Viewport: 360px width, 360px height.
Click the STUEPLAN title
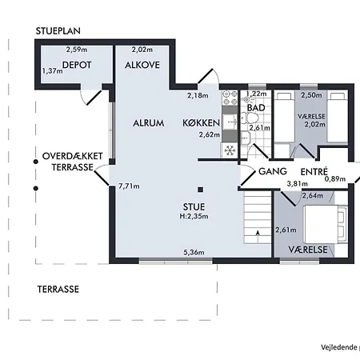pos(58,31)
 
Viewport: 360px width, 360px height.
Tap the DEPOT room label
pos(77,65)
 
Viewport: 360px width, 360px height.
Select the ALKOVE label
pos(142,65)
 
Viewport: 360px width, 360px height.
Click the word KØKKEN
pos(201,123)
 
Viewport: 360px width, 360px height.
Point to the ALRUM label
pos(149,123)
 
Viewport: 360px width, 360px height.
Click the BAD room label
pos(256,108)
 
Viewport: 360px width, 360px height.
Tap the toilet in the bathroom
pos(250,118)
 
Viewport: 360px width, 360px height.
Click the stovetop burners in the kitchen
pos(230,98)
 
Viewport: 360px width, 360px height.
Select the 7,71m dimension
pos(129,186)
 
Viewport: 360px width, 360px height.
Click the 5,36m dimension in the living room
pos(194,252)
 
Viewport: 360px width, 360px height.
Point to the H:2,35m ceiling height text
pos(194,216)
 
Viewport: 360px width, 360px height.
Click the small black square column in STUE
pos(201,190)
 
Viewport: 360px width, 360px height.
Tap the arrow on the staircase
pos(258,233)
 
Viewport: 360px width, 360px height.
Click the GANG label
pos(273,171)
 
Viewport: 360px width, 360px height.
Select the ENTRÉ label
pos(314,171)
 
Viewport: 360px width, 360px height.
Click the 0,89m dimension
pos(335,179)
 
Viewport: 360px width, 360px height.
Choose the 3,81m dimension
pos(297,183)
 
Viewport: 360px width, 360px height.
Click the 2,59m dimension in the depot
pos(77,50)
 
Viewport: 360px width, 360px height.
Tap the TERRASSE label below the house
pos(58,290)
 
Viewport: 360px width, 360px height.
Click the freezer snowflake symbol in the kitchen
pos(230,150)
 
